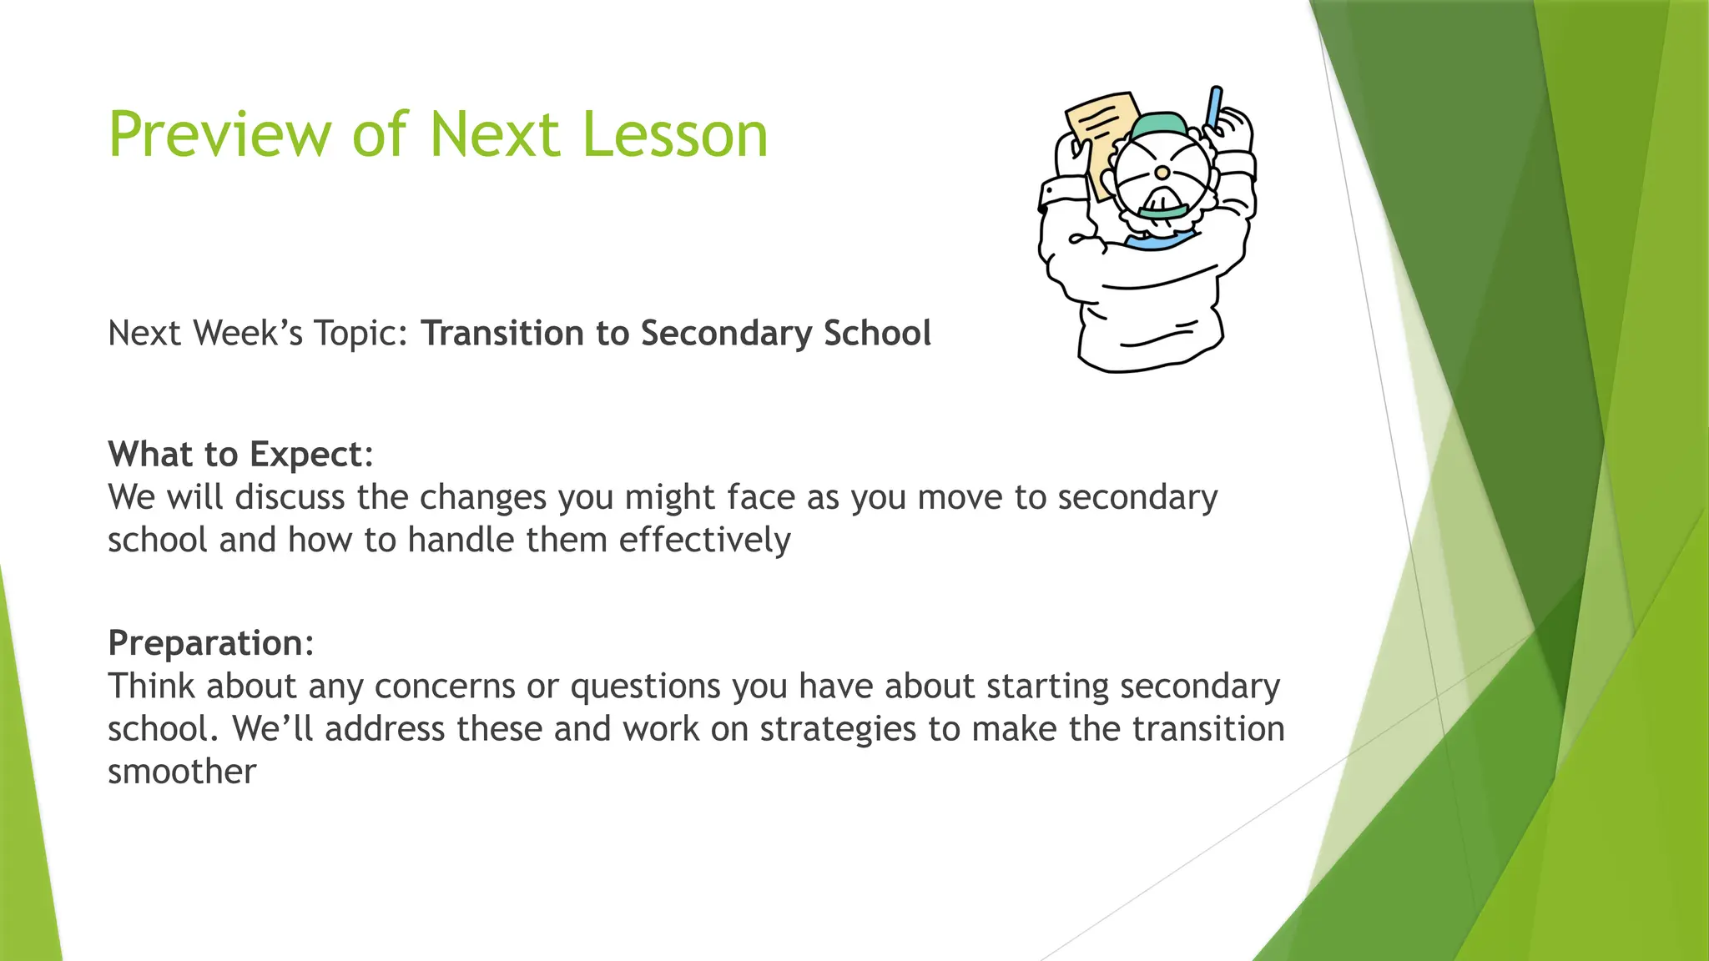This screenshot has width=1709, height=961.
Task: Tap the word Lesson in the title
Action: [x=674, y=135]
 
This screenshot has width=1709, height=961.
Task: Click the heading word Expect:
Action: [x=311, y=455]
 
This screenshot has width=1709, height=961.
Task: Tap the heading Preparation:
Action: [x=211, y=643]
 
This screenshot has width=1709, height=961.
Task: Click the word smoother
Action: [x=181, y=772]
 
